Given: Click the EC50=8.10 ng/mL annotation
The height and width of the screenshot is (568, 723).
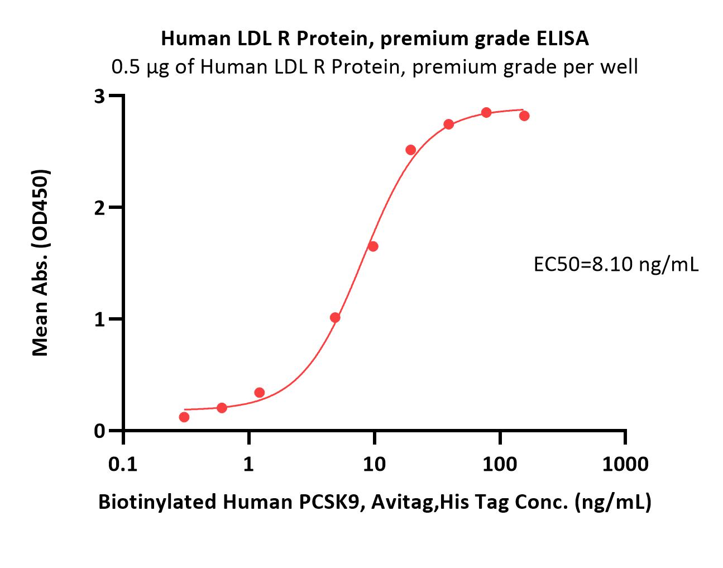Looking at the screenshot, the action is tap(616, 265).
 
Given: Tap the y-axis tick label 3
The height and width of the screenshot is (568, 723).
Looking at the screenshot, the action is tap(100, 97).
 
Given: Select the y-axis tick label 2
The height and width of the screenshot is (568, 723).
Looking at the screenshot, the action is tap(100, 208).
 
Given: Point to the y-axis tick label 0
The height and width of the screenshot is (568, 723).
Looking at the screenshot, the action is tap(100, 431).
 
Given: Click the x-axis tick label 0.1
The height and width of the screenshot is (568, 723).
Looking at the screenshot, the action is tap(123, 465).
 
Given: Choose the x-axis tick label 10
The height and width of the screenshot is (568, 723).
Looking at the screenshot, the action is tap(374, 465).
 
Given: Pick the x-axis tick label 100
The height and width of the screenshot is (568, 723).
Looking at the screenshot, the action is tap(500, 465).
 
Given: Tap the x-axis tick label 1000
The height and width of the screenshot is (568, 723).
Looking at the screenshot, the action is tap(625, 465).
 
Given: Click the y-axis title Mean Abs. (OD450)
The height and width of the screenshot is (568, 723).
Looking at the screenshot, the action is tap(41, 263).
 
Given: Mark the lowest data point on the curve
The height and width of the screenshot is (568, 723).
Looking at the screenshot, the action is tap(184, 417).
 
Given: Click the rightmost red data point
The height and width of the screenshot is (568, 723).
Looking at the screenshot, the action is tap(524, 116).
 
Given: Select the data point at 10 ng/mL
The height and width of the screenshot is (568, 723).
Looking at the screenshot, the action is tap(373, 246).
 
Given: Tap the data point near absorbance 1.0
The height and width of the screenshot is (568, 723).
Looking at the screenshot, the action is tap(335, 318).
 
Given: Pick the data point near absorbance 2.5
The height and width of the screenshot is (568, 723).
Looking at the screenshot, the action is tap(411, 150).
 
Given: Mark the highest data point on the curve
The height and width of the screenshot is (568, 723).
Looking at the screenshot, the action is tap(486, 112).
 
